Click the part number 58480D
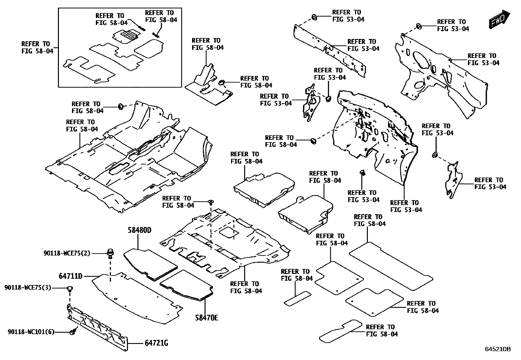coord(139,230)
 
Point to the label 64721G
coord(156,343)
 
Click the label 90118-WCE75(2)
coord(67,253)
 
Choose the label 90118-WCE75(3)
coord(28,288)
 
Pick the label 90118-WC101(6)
coord(31,332)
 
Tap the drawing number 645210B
coord(497,349)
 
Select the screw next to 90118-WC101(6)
coord(73,332)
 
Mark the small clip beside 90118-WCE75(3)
coord(70,289)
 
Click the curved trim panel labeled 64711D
coord(137,298)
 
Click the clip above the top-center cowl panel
coord(313,17)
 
